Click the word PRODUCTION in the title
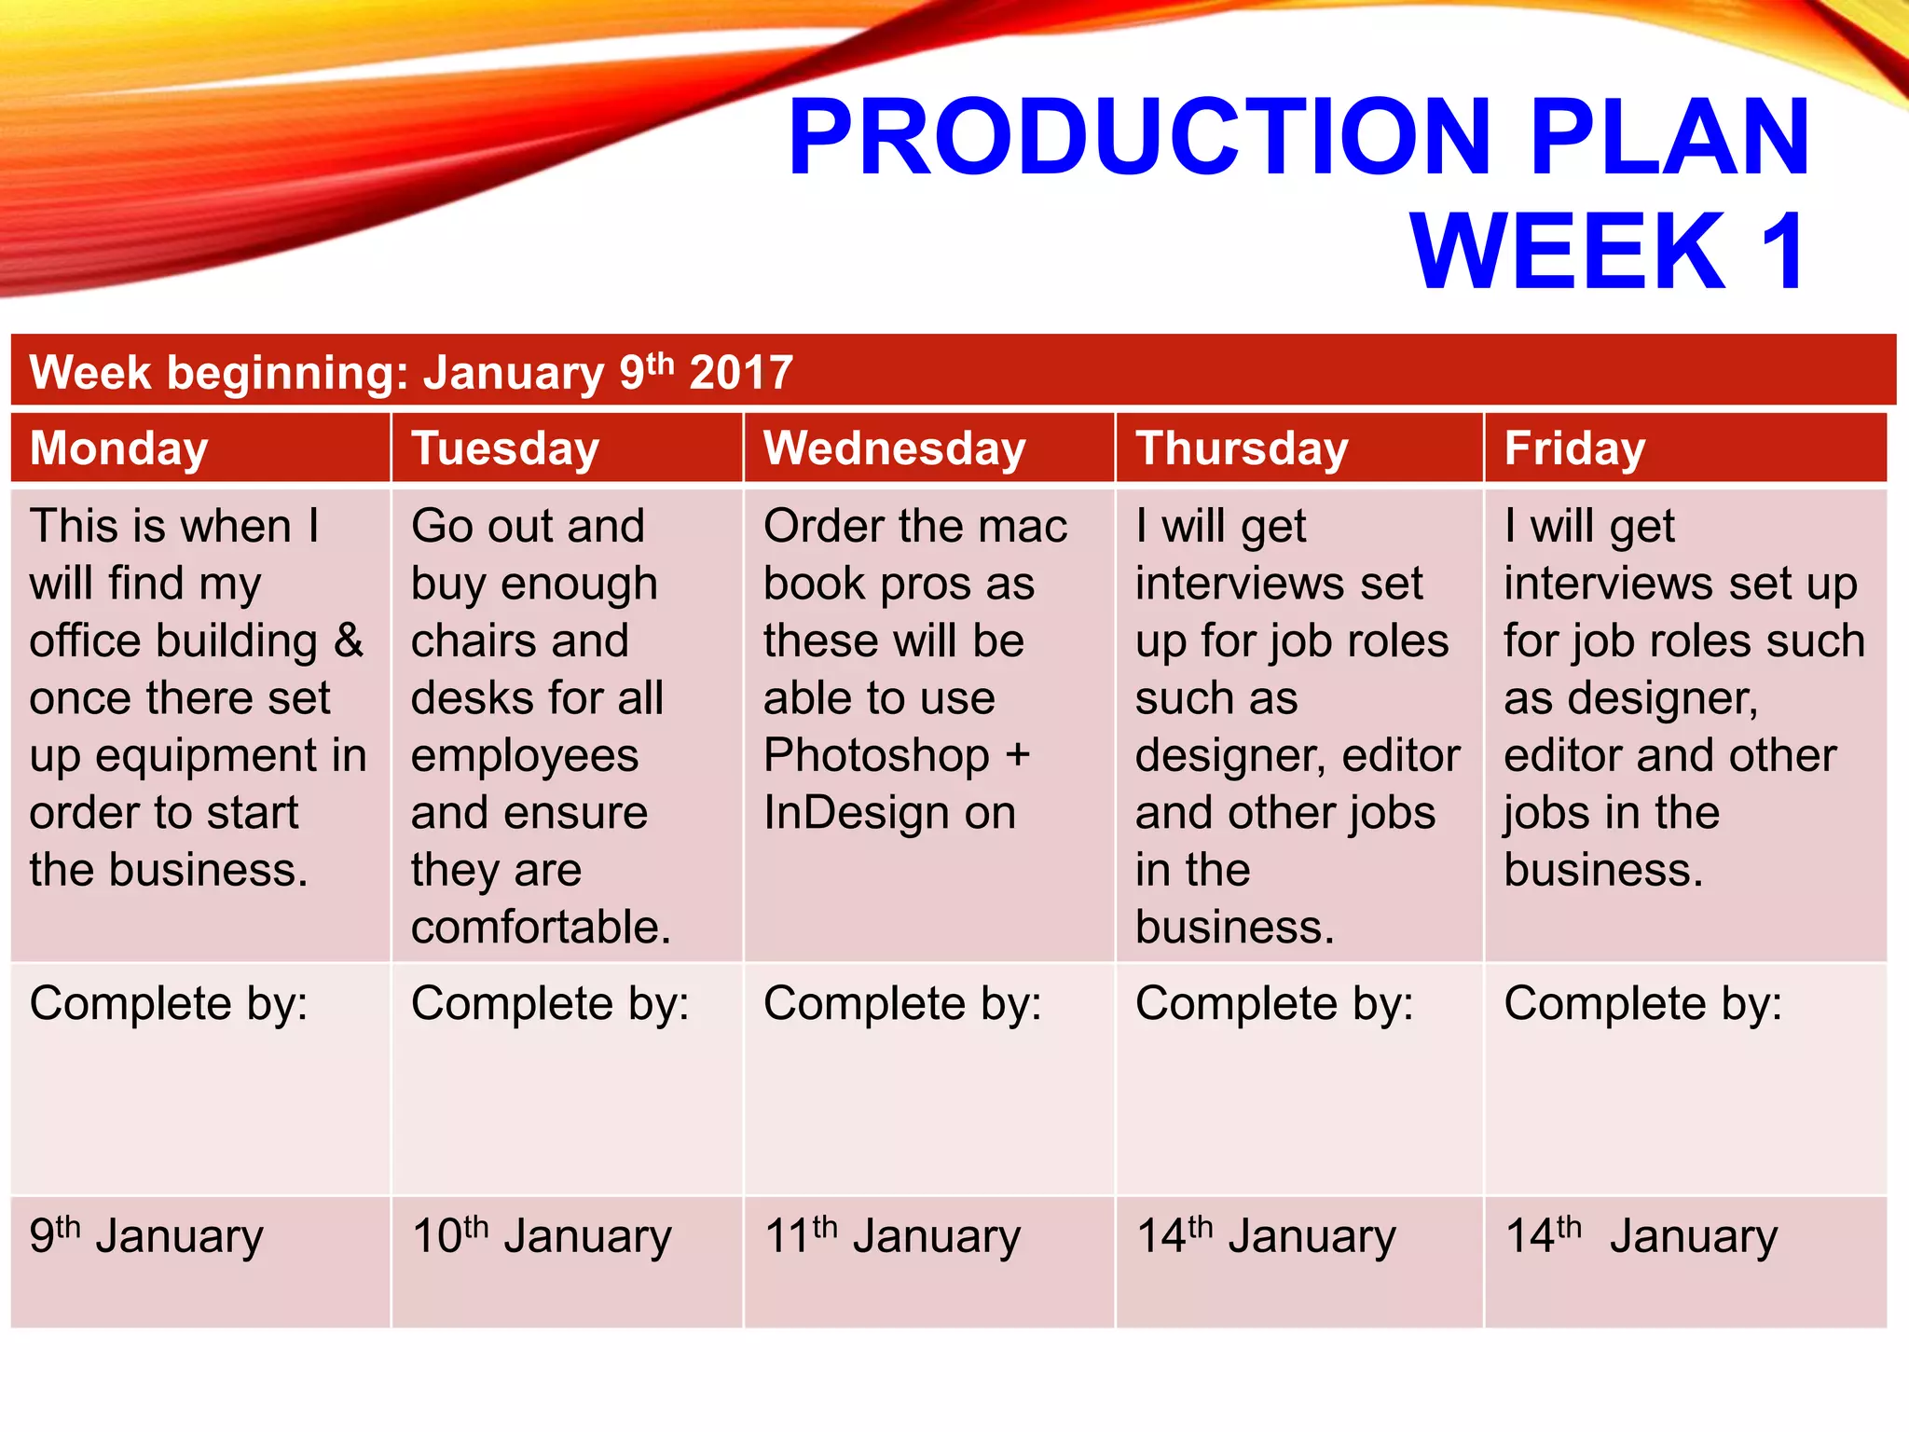point(1138,137)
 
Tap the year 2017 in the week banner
point(741,373)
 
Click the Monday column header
point(118,448)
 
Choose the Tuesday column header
point(504,448)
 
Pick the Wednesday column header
point(894,448)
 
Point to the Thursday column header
point(1241,448)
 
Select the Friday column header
point(1574,448)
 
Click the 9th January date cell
point(146,1236)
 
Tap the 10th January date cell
point(541,1236)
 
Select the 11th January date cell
point(892,1236)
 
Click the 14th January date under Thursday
point(1265,1236)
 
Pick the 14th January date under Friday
point(1641,1236)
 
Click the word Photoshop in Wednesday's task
point(875,756)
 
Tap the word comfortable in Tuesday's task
point(541,928)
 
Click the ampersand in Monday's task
point(348,641)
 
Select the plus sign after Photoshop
point(1017,756)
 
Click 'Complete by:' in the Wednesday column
point(901,1004)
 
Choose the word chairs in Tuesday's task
point(468,641)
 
